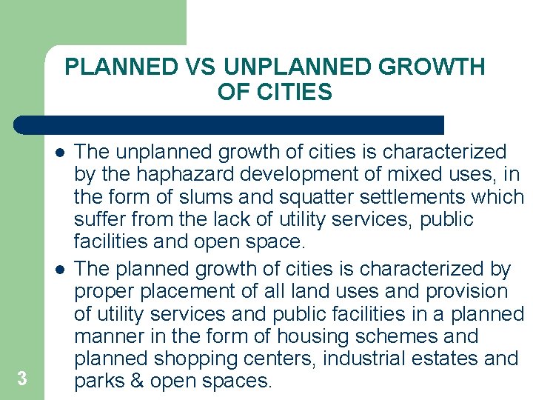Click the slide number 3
21,379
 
